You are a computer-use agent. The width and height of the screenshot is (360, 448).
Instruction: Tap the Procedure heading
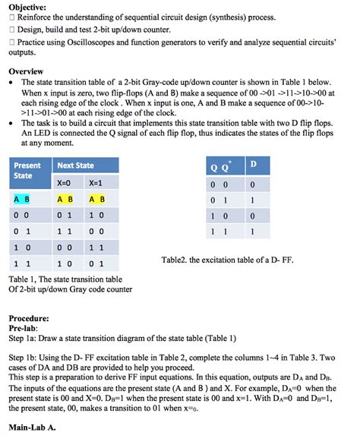(x=29, y=318)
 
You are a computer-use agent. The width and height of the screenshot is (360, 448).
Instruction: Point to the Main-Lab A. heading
(x=32, y=427)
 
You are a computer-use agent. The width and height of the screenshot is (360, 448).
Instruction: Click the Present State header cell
(x=27, y=170)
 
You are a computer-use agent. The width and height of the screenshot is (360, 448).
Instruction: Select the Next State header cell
(x=75, y=166)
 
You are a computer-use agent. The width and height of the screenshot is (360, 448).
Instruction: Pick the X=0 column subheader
(x=64, y=183)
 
